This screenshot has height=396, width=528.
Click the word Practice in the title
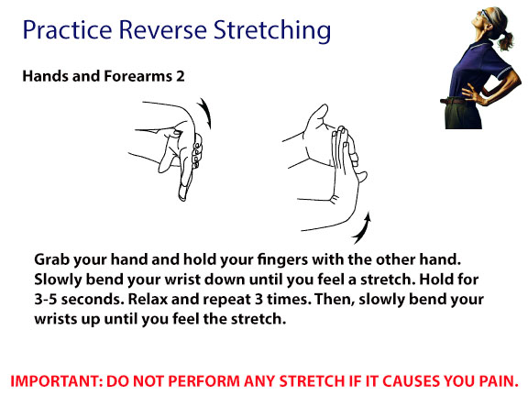point(67,29)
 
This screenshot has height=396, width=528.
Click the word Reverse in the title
point(163,29)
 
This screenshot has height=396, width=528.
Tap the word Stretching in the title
point(272,31)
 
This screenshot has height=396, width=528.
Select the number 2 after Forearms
point(181,76)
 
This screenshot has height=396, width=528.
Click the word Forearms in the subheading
point(138,76)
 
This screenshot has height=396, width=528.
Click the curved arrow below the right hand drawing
point(363,228)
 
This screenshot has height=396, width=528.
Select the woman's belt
point(454,101)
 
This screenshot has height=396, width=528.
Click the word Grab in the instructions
point(52,259)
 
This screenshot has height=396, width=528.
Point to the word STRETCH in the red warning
point(312,381)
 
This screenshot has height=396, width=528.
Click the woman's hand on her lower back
point(471,93)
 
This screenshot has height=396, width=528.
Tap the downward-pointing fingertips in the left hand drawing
point(183,193)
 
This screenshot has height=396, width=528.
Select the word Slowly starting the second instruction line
point(58,280)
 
